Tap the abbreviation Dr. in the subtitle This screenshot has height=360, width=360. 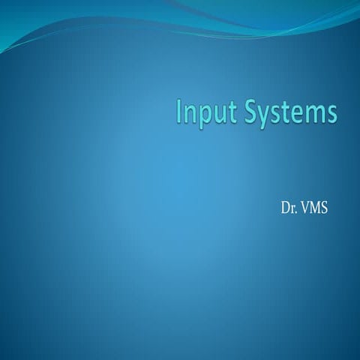point(285,206)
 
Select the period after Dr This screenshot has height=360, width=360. point(292,210)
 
